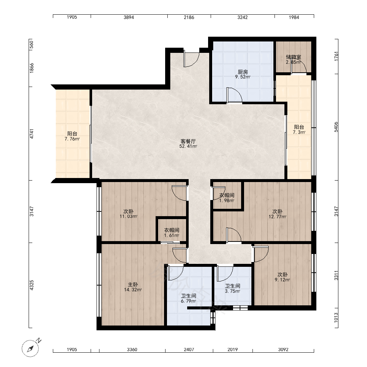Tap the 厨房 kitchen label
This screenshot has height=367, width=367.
click(x=243, y=72)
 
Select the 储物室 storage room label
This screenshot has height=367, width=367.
click(x=293, y=57)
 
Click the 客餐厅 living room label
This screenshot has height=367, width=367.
click(x=188, y=141)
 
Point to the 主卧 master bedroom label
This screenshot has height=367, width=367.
click(x=133, y=285)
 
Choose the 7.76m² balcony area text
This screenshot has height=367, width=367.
click(x=72, y=139)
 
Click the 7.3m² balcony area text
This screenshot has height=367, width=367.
click(x=299, y=132)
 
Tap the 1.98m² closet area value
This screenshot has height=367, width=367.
click(x=226, y=200)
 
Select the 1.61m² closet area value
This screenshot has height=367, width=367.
click(x=171, y=235)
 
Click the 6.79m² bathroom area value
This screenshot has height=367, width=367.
click(x=188, y=301)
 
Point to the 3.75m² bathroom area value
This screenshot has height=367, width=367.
click(x=232, y=291)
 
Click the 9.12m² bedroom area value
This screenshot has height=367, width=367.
click(x=282, y=280)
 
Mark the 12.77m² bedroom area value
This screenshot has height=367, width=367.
click(x=277, y=217)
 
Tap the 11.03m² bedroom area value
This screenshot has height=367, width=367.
click(x=128, y=216)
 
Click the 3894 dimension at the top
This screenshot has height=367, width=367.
click(x=129, y=17)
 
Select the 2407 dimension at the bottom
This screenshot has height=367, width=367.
click(x=189, y=350)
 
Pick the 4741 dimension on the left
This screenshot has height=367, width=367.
click(x=32, y=134)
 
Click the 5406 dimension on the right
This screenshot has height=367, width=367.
click(x=336, y=127)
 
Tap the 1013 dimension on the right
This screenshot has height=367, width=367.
click(x=336, y=317)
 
